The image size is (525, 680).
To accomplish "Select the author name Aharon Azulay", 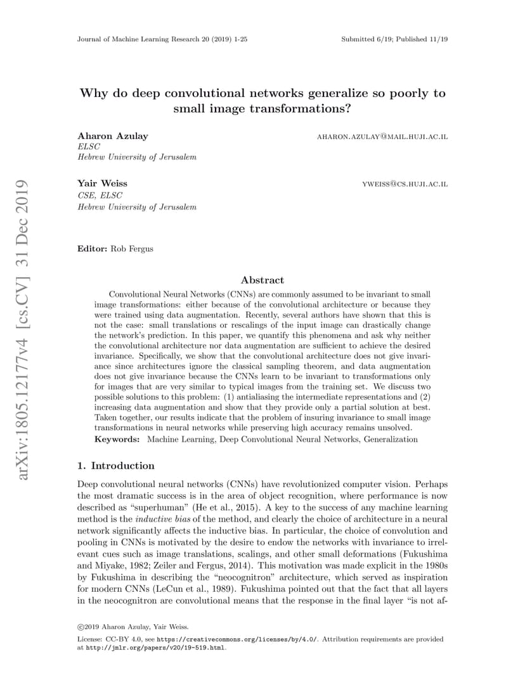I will tap(104, 136).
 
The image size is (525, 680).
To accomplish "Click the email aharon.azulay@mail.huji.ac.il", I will tap(382, 136).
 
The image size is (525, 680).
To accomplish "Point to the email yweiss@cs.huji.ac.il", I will tap(405, 184).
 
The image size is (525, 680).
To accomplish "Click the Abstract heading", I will tap(262, 280).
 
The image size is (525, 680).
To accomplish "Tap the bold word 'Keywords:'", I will tap(117, 439).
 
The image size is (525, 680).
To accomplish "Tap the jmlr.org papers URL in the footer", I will tap(155, 648).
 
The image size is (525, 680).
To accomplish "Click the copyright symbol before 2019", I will tap(81, 627).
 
